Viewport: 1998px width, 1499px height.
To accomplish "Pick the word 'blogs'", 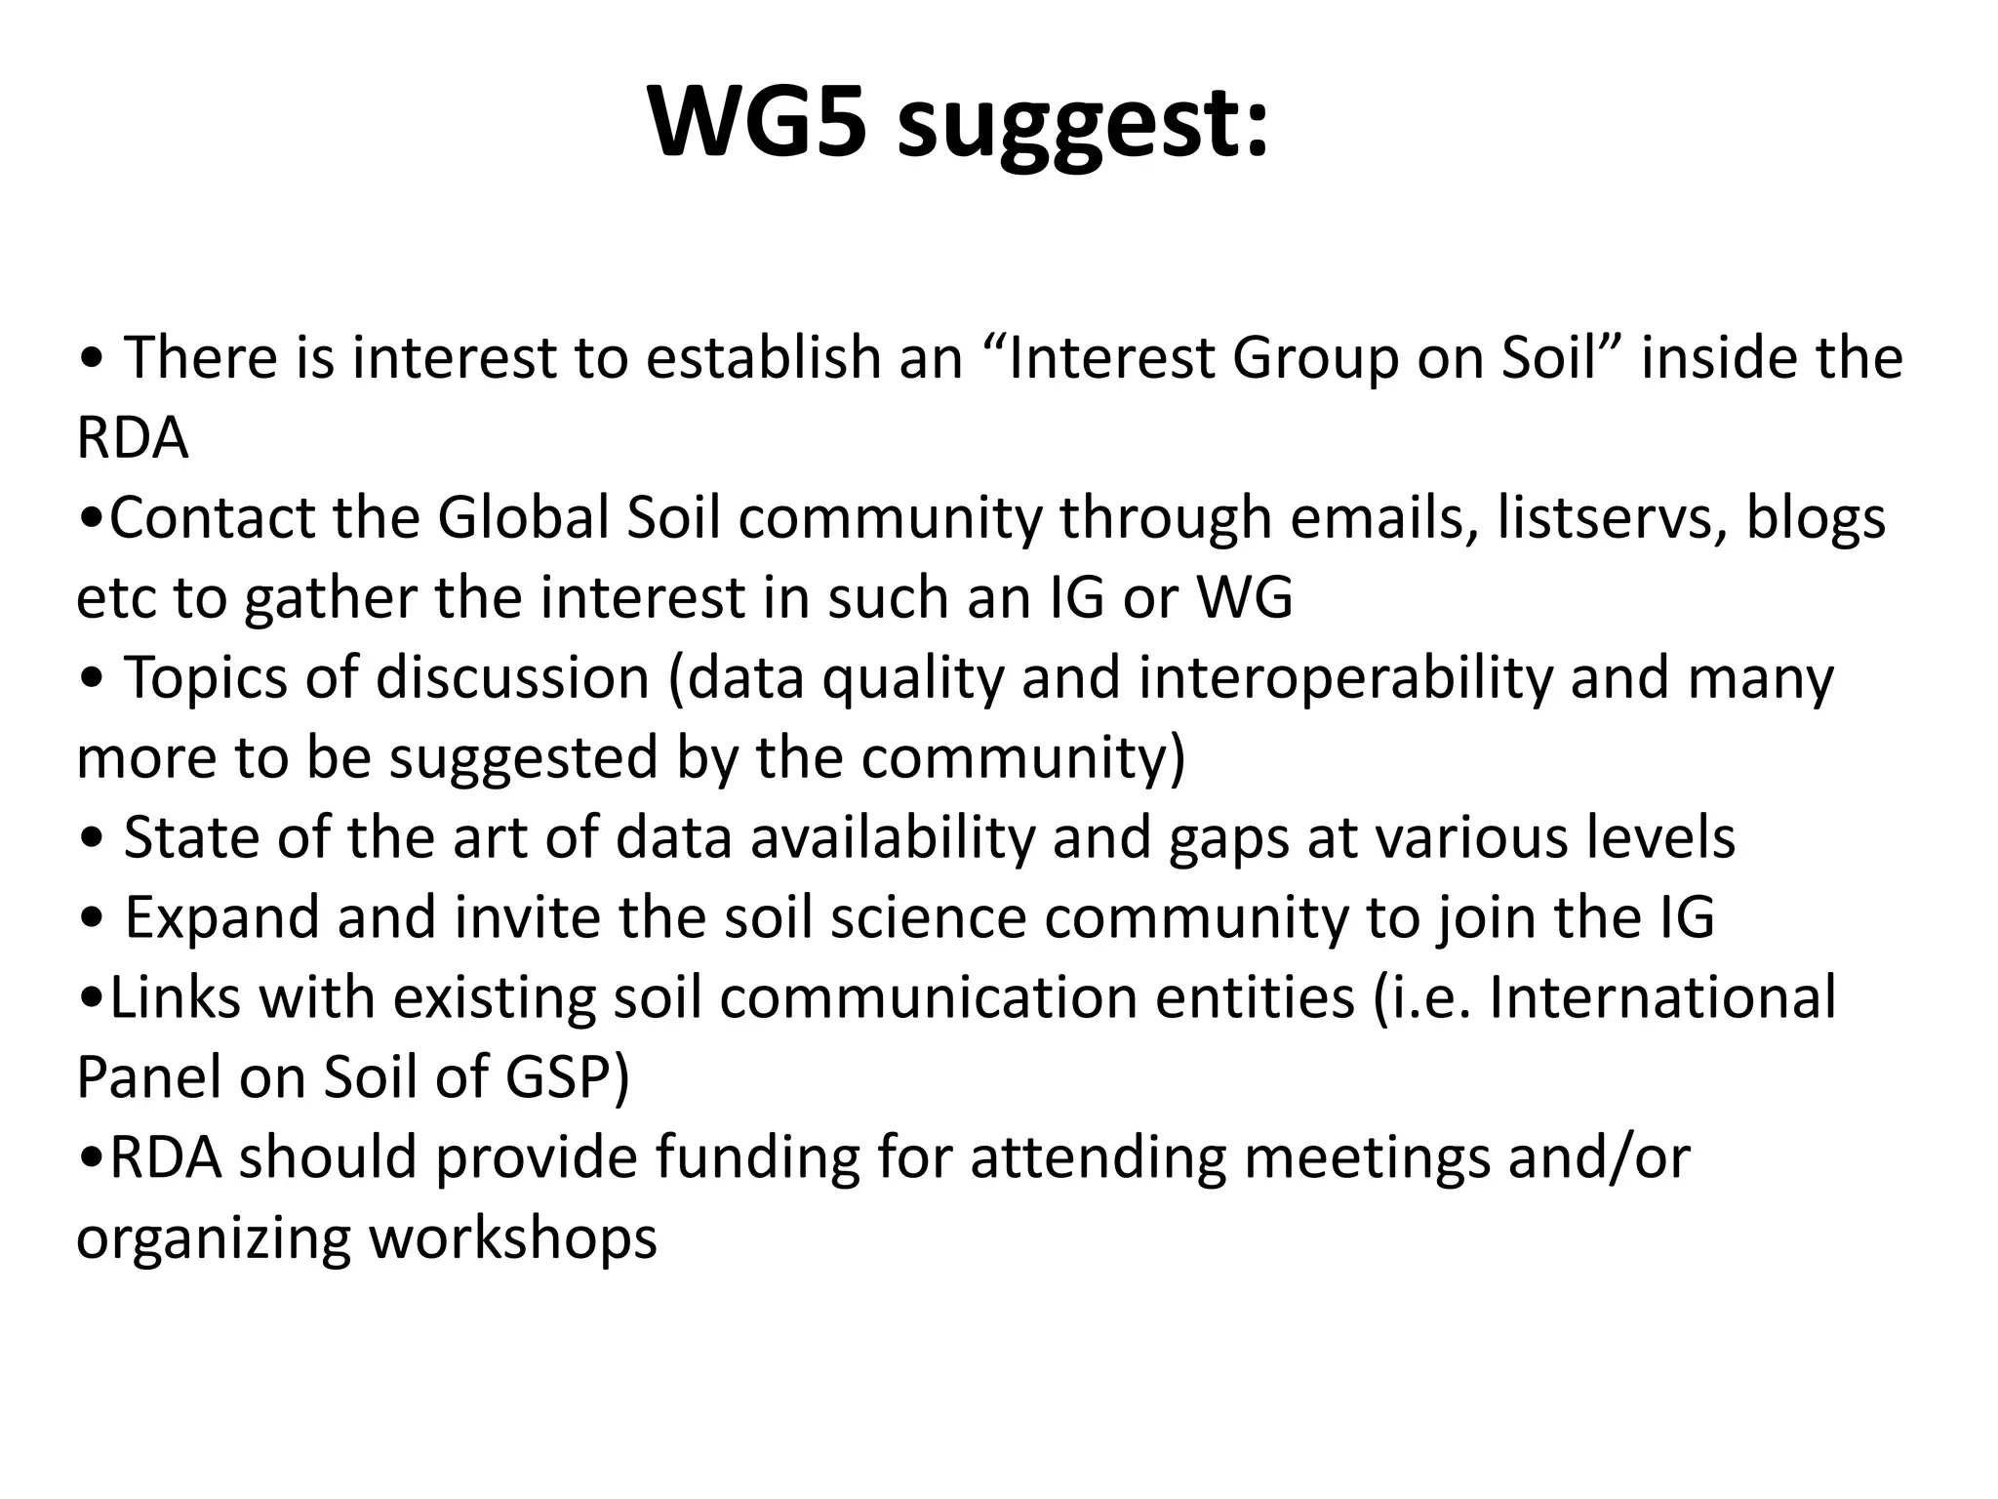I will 1816,519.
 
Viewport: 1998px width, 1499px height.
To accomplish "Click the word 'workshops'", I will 513,1237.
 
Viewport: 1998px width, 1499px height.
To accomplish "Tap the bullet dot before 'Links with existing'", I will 91,999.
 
